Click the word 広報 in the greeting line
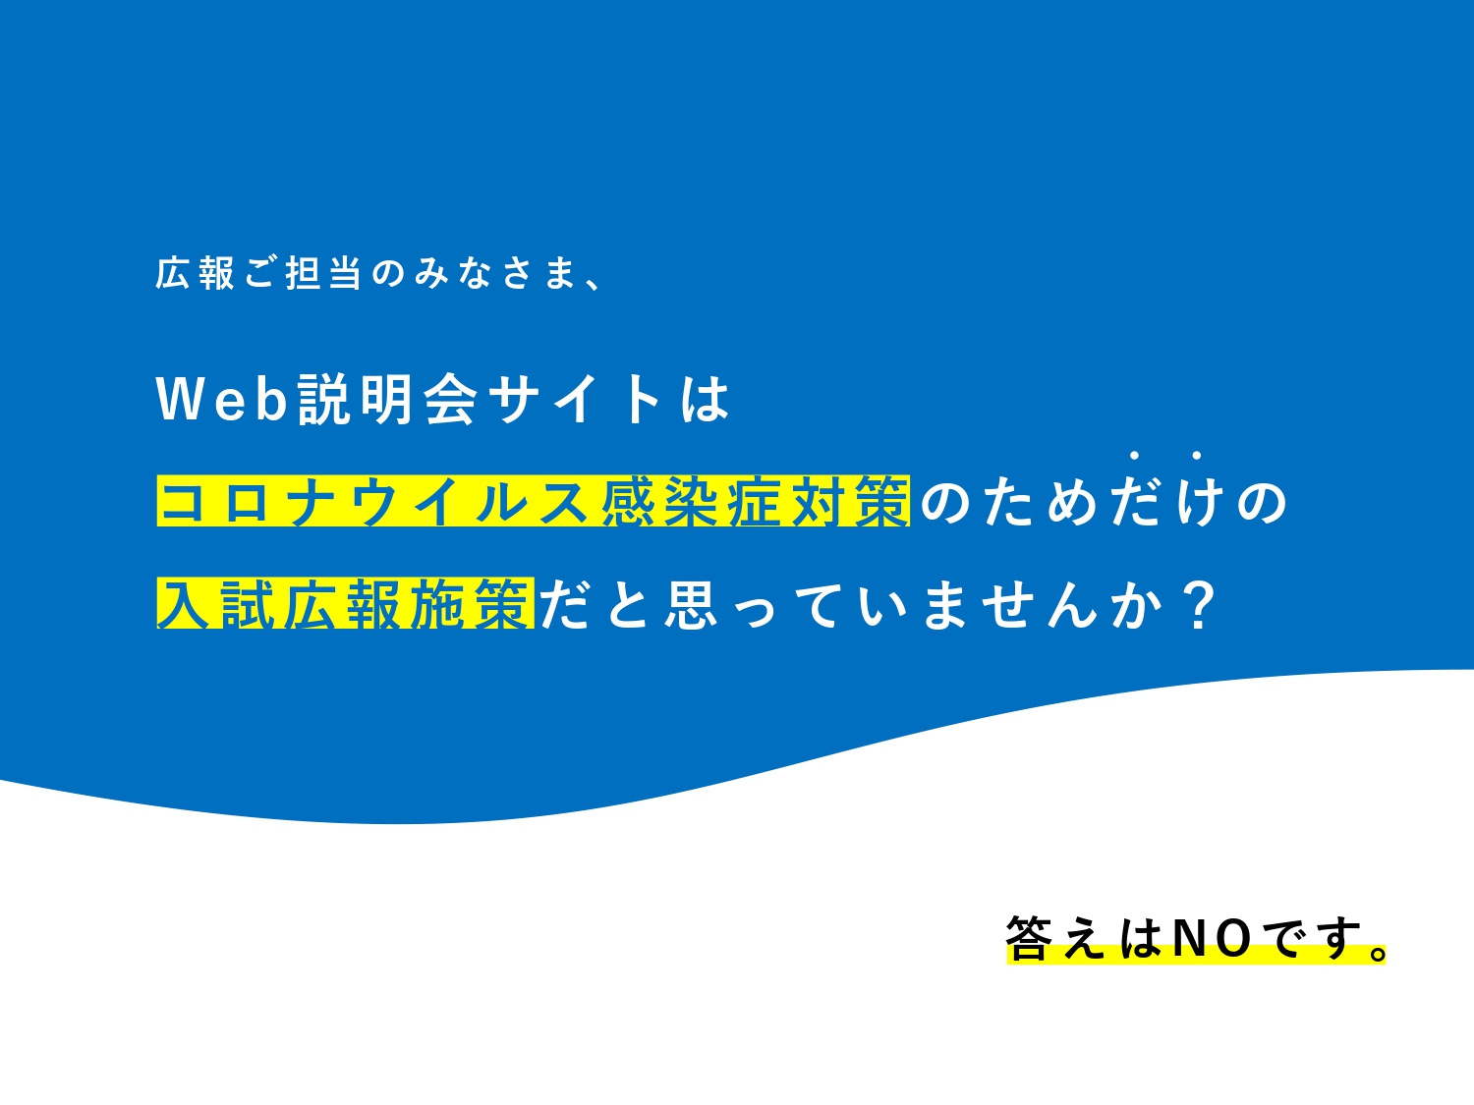(196, 273)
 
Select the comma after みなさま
(594, 284)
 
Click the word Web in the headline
(222, 399)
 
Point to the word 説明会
(388, 399)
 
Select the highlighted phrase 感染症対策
(756, 502)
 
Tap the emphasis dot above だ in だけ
(1134, 456)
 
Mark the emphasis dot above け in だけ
(1197, 456)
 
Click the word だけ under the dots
(1166, 502)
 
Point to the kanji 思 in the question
(692, 604)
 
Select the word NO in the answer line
(1212, 939)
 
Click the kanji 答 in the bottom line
(1029, 938)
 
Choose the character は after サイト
(706, 399)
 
